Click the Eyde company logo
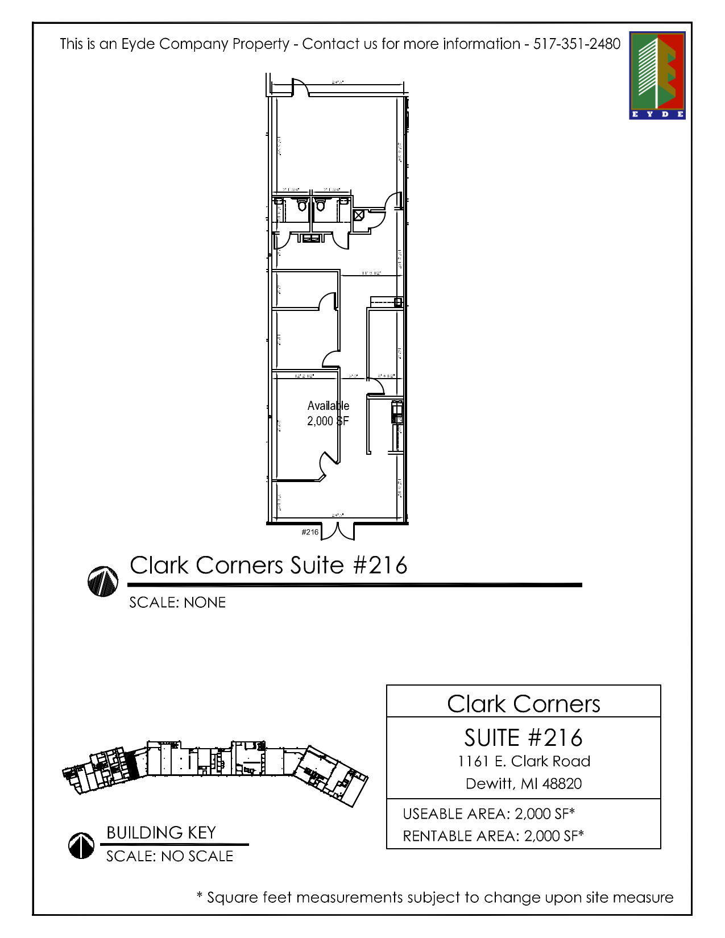(657, 75)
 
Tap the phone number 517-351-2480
(577, 44)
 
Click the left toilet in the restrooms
(302, 205)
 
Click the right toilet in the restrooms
(320, 205)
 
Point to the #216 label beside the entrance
(310, 532)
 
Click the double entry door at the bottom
(338, 530)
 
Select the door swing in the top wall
(300, 88)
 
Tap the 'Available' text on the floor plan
(328, 405)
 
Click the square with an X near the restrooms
(359, 215)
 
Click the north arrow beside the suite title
(103, 581)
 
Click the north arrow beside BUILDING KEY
(81, 845)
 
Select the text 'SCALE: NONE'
(177, 603)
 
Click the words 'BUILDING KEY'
(161, 833)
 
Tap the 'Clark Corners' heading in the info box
(523, 704)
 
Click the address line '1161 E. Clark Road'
(524, 761)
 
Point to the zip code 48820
(562, 784)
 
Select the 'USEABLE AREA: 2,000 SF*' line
(488, 814)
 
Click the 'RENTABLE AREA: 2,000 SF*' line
(493, 836)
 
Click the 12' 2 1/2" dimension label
(304, 376)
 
